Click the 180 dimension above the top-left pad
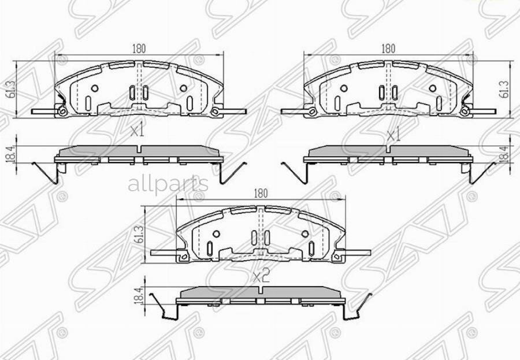click(x=138, y=49)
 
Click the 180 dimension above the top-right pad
click(x=388, y=49)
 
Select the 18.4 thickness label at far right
click(x=506, y=155)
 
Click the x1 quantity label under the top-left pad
click(x=136, y=131)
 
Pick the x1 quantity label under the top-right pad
click(x=393, y=136)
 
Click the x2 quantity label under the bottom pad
click(x=261, y=276)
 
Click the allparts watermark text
click(x=168, y=184)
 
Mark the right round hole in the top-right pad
click(x=433, y=88)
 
